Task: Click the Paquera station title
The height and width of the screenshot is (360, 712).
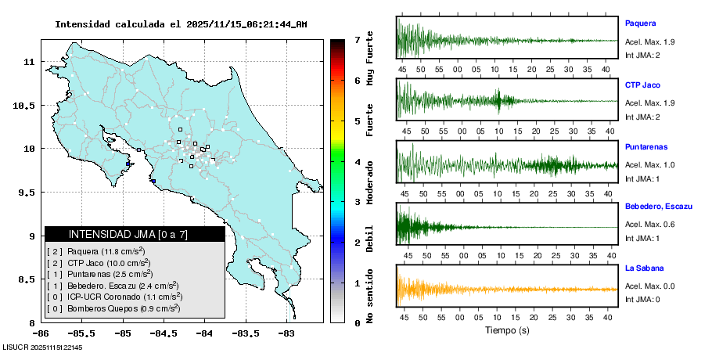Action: (x=640, y=23)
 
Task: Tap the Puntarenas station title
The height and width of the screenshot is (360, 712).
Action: (x=646, y=146)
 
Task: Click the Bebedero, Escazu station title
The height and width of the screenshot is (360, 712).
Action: (x=659, y=207)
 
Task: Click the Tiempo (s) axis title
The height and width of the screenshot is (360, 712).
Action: (x=507, y=330)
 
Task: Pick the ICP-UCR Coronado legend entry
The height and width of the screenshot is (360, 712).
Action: (x=114, y=297)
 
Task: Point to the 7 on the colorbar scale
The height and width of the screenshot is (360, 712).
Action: (x=357, y=39)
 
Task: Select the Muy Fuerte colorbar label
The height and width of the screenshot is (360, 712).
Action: (x=370, y=58)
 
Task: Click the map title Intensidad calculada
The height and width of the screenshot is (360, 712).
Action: (x=181, y=24)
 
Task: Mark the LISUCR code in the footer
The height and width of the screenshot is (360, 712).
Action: (x=43, y=347)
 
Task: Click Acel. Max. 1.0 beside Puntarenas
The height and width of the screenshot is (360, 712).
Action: (x=649, y=164)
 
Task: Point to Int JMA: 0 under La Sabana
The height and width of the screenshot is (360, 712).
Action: (x=642, y=300)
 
